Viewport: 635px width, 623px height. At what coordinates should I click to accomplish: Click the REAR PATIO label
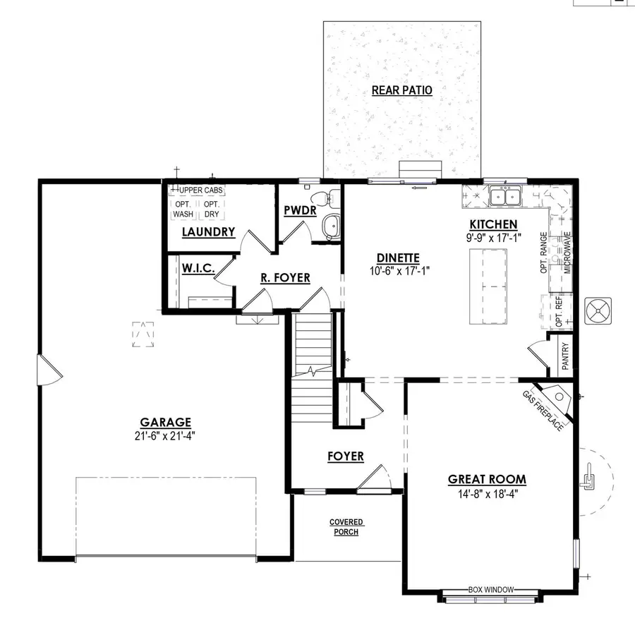tap(401, 90)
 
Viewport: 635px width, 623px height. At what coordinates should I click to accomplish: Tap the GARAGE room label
tap(164, 423)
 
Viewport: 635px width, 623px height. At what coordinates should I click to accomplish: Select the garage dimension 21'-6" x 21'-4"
tap(164, 435)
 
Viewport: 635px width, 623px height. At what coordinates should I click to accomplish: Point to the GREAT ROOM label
tap(487, 480)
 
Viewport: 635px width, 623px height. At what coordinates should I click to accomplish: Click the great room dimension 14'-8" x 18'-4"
tap(487, 493)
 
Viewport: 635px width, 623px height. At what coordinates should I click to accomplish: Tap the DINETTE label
tap(398, 258)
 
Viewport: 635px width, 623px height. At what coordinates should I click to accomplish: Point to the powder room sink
tap(329, 226)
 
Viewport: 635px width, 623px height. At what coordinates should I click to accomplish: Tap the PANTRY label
tap(565, 356)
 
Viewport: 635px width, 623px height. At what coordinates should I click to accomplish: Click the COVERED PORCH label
tap(346, 527)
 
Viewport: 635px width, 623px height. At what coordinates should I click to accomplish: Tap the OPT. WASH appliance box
tap(183, 209)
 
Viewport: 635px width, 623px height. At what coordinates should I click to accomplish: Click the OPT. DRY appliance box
tap(212, 209)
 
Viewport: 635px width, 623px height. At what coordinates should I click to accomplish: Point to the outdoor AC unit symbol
tap(599, 310)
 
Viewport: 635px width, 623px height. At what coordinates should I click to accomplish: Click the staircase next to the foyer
tap(313, 367)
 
